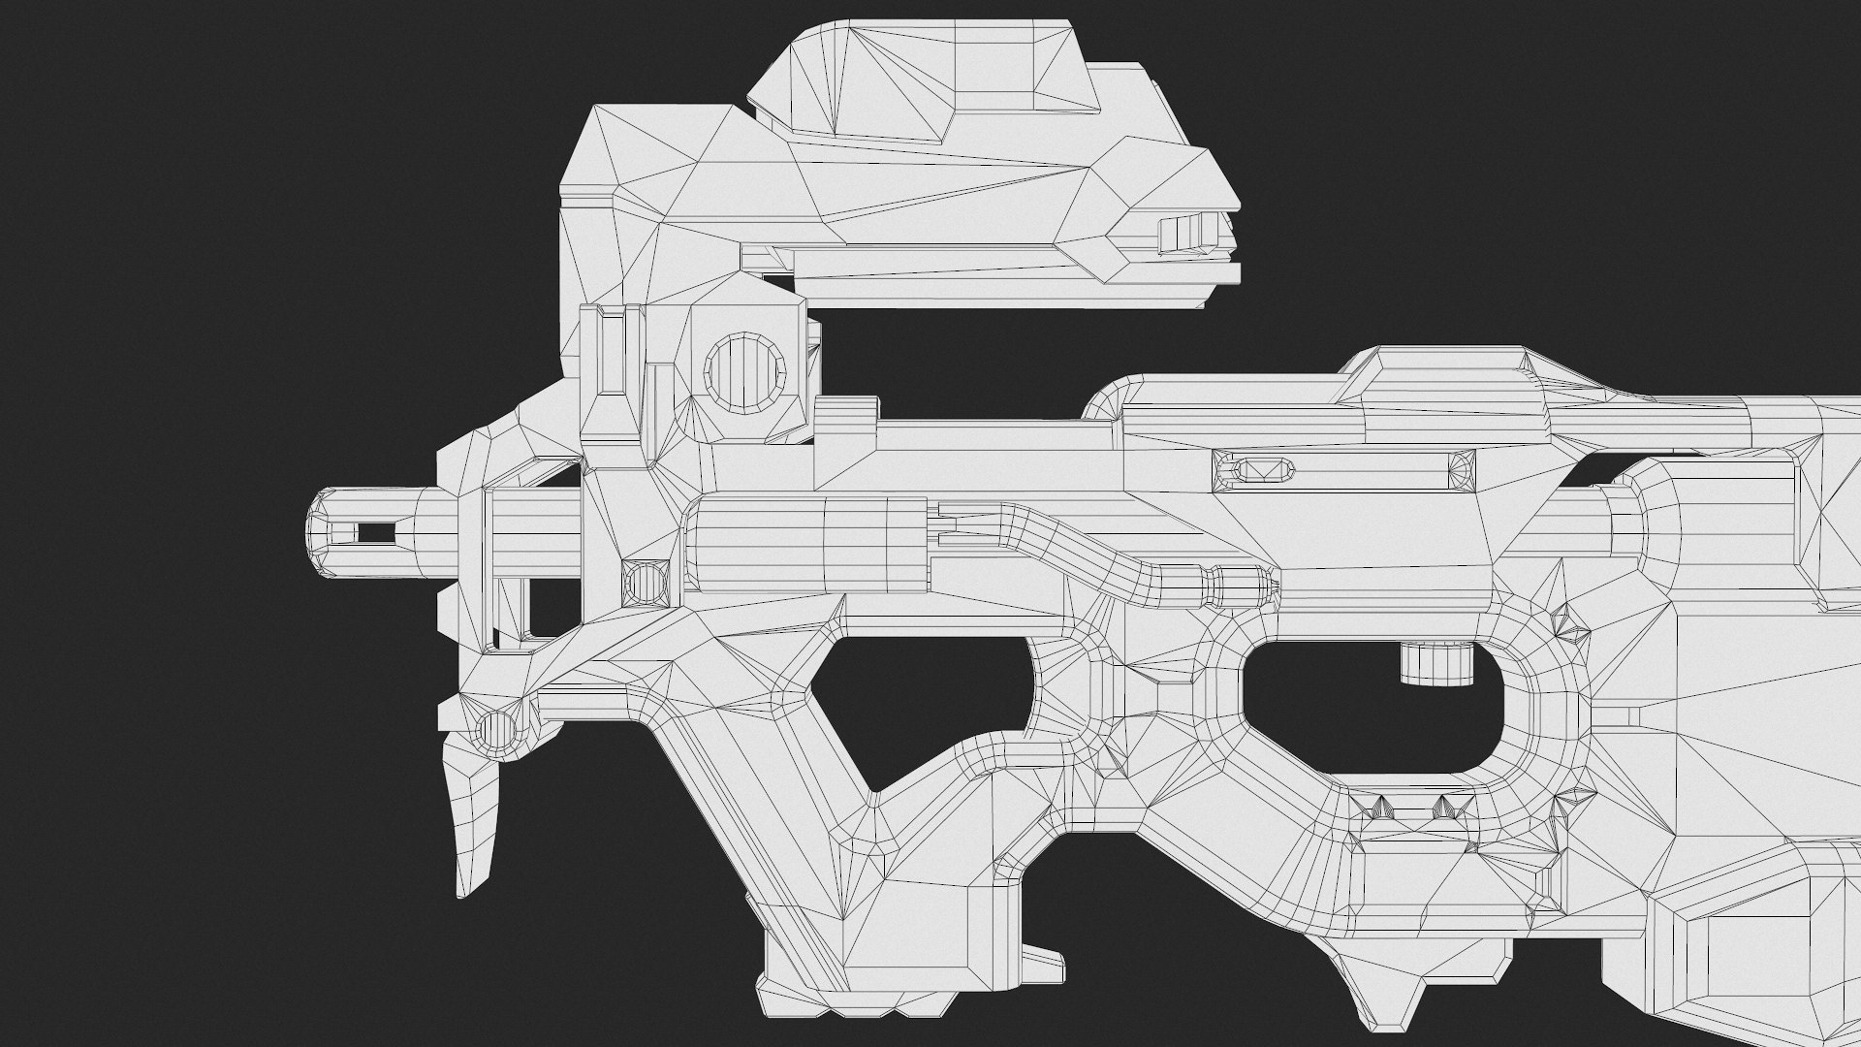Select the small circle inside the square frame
tap(644, 583)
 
